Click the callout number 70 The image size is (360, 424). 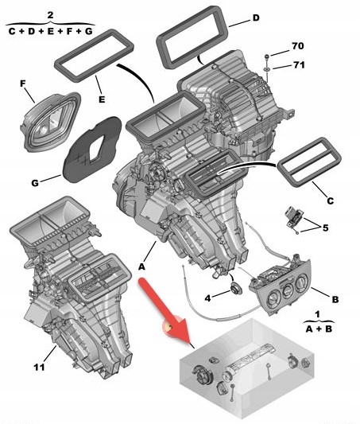pyautogui.click(x=297, y=46)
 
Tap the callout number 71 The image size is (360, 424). pyautogui.click(x=298, y=65)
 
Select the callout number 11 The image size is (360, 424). pyautogui.click(x=39, y=368)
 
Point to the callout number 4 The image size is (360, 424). pyautogui.click(x=207, y=298)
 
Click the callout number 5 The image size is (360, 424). pyautogui.click(x=326, y=228)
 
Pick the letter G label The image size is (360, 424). pyautogui.click(x=35, y=183)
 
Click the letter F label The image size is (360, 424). pyautogui.click(x=23, y=84)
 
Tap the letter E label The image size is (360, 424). pyautogui.click(x=102, y=99)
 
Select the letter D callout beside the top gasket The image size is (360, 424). pyautogui.click(x=256, y=18)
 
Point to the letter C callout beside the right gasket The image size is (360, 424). pyautogui.click(x=330, y=201)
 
